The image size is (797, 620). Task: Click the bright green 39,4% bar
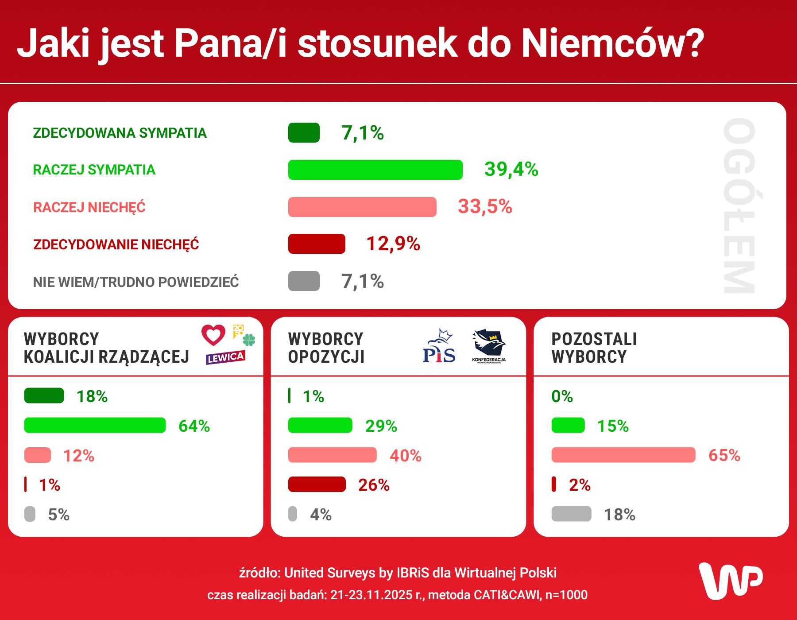click(375, 170)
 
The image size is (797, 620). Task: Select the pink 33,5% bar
click(362, 207)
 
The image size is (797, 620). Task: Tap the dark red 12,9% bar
click(317, 244)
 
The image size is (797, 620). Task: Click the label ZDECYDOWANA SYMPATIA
click(120, 133)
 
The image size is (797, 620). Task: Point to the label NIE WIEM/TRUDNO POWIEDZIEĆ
click(135, 282)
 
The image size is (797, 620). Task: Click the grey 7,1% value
click(362, 281)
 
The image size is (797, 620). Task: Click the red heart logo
click(213, 335)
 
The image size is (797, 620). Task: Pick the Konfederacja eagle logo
click(488, 346)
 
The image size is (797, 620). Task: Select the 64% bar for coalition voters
click(95, 425)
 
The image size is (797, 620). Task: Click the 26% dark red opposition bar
click(317, 484)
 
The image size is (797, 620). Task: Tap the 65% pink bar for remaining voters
click(623, 455)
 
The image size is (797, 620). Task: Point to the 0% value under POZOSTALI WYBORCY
click(562, 396)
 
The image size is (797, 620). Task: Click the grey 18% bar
click(571, 514)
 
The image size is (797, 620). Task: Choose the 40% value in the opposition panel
click(405, 456)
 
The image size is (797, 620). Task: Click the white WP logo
click(730, 581)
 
